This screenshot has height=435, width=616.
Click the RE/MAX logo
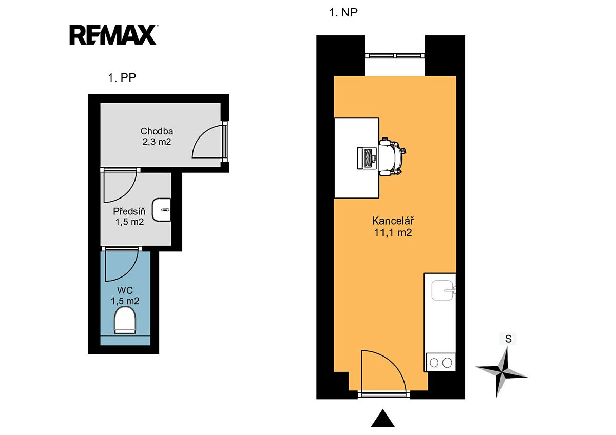[x=113, y=34]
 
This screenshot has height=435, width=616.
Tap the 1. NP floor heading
[x=343, y=13]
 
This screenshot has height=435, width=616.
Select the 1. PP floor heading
[x=122, y=78]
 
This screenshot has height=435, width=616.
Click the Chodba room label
[x=157, y=131]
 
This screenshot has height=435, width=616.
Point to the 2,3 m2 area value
[x=157, y=142]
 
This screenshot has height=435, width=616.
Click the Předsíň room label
[x=129, y=211]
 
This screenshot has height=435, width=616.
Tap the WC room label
[x=125, y=290]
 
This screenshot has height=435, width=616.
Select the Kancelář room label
[x=393, y=221]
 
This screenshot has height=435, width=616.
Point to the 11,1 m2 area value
[x=393, y=233]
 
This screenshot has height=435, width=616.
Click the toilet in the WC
[x=125, y=321]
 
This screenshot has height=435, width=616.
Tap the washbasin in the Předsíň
[x=162, y=210]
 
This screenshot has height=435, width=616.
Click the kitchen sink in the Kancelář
[x=442, y=290]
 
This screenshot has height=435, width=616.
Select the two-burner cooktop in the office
[x=440, y=363]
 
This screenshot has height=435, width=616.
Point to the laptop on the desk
[x=367, y=158]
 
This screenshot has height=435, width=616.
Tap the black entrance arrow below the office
[x=382, y=419]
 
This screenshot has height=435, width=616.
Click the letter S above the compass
[x=508, y=339]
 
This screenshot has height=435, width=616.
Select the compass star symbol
[x=501, y=372]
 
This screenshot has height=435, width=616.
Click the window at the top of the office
[x=395, y=55]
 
